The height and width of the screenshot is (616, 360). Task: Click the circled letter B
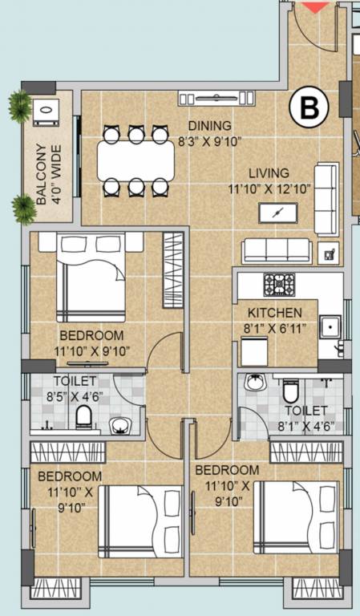[309, 109]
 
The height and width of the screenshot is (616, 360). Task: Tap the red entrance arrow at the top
[314, 6]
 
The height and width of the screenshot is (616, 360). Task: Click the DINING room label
[210, 126]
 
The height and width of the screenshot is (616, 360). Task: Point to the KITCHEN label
[274, 313]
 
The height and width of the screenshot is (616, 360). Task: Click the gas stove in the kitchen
[279, 283]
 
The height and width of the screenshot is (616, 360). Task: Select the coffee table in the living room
[278, 213]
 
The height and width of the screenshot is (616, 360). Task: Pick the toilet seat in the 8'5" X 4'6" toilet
[83, 416]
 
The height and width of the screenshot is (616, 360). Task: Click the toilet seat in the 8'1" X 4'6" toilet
[290, 391]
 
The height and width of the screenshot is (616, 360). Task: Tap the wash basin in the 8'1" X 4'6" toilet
[256, 383]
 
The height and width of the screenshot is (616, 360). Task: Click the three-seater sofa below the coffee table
[277, 250]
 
